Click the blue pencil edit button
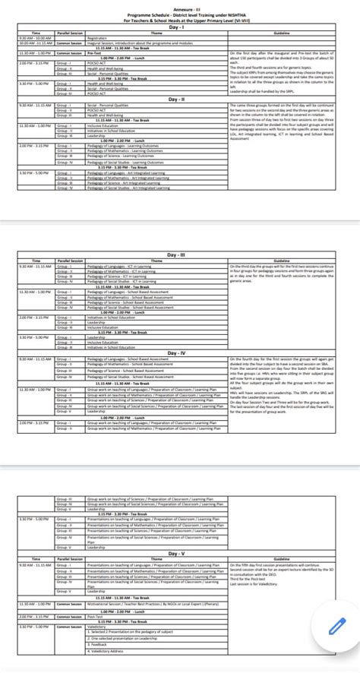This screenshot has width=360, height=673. coord(335,625)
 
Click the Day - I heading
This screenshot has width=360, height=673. coord(180,27)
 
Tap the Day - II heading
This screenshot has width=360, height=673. coord(180,99)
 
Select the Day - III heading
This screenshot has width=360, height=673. coord(180,254)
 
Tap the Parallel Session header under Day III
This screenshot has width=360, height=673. coord(70,260)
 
